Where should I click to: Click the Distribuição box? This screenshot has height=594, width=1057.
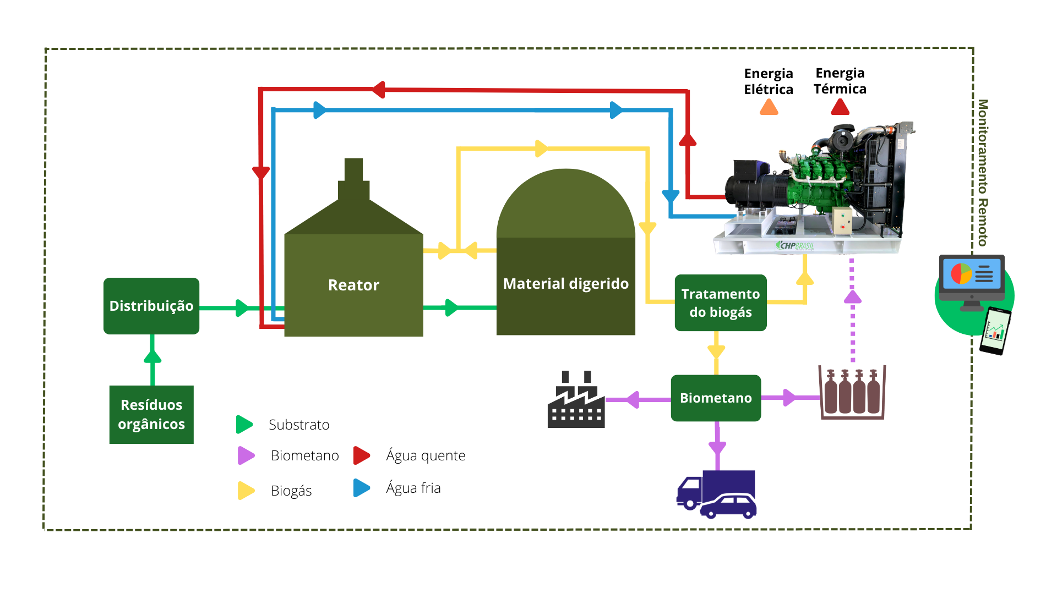coord(151,306)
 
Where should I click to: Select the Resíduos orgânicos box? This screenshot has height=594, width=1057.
coord(151,414)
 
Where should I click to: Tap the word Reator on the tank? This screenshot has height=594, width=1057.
coord(353,285)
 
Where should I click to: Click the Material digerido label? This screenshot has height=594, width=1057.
coord(565,284)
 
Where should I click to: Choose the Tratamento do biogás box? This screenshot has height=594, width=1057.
coord(720,302)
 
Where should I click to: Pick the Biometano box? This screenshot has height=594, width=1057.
coord(716,398)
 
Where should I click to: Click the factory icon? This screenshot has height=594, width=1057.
coord(576,402)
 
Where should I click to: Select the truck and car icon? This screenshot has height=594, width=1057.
coord(716,494)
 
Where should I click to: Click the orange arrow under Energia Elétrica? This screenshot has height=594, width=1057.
coord(769,107)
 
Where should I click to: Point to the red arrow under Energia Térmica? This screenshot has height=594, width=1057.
coord(840,107)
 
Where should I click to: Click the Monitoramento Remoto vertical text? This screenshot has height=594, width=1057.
coord(983,173)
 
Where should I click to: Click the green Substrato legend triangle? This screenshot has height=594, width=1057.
coord(244,425)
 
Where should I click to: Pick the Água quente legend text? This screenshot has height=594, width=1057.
coord(426,455)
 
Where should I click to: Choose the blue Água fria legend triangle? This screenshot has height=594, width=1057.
coord(361,488)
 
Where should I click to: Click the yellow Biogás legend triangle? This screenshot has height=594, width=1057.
coord(246,491)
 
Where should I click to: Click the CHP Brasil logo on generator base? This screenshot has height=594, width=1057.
coord(795,245)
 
